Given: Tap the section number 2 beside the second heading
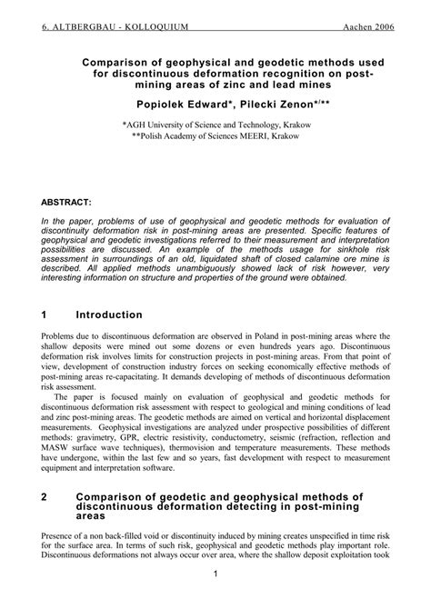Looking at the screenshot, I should (45, 497).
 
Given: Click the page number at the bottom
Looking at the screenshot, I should (215, 575).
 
